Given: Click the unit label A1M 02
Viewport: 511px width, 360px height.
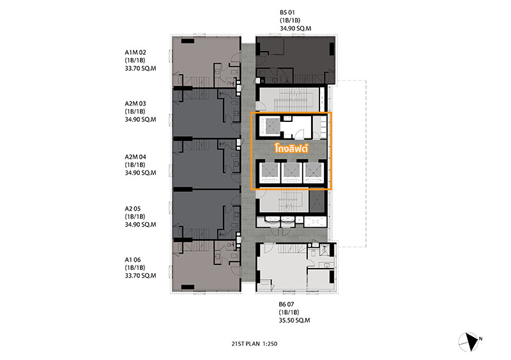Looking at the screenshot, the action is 135,52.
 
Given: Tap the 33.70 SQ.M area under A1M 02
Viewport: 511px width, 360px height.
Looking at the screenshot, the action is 141,68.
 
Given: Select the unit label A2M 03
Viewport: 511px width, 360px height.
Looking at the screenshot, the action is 135,103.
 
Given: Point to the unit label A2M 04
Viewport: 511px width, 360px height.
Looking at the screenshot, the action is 135,157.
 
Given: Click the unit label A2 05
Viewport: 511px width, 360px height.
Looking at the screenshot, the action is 133,209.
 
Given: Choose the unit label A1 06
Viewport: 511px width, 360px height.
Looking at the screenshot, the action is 133,260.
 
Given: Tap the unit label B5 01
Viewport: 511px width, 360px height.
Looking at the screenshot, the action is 287,12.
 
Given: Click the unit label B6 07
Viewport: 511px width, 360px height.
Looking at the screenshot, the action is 286,304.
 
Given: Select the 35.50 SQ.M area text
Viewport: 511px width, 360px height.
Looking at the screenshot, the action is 294,320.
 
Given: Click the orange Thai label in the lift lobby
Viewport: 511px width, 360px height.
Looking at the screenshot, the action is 291,148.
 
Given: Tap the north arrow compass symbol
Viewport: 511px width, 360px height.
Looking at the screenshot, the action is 469,342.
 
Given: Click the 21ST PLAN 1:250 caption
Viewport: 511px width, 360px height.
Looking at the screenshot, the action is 254,343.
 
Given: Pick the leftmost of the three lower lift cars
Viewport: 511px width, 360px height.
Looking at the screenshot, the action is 269,172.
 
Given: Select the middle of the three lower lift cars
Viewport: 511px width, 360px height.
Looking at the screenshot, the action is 291,172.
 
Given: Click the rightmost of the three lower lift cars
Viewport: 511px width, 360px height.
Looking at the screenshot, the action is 313,172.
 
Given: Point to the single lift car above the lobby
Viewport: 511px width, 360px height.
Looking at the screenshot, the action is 270,126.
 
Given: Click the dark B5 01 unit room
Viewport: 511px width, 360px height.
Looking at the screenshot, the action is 295,60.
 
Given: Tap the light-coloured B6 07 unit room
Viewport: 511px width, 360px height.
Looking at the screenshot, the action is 296,267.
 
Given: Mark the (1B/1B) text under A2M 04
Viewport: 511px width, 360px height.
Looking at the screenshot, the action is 135,165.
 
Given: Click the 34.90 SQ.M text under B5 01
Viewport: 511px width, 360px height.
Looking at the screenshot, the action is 295,28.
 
